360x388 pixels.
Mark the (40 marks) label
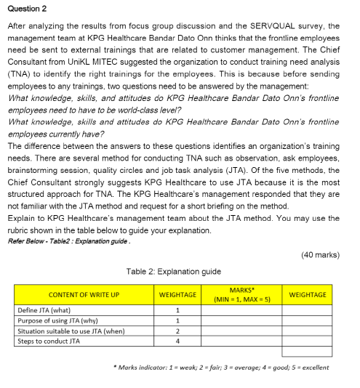pos(319,254)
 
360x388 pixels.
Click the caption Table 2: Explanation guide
pos(173,271)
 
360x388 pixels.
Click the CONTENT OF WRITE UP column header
pos(84,295)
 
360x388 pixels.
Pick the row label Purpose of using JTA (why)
pos(59,320)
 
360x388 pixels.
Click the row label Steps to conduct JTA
pos(49,341)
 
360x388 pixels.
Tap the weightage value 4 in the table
pos(177,341)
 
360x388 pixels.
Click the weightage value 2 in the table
pos(177,331)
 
